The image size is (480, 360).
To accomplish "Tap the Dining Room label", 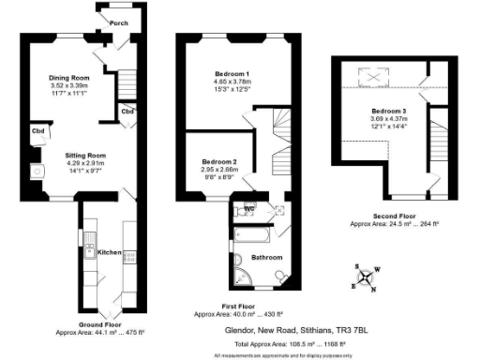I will pyautogui.click(x=68, y=77).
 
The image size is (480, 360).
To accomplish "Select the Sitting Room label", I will pyautogui.click(x=85, y=155).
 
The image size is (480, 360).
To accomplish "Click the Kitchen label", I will pyautogui.click(x=110, y=252).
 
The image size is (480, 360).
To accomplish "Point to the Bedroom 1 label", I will pyautogui.click(x=231, y=74).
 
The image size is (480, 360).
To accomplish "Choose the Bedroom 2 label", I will pyautogui.click(x=220, y=161).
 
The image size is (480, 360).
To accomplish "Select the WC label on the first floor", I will pyautogui.click(x=249, y=208).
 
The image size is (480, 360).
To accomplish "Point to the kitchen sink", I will pyautogui.click(x=89, y=249).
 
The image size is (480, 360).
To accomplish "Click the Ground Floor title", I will pyautogui.click(x=97, y=323).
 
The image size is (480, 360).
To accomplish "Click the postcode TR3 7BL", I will pyautogui.click(x=352, y=329).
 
